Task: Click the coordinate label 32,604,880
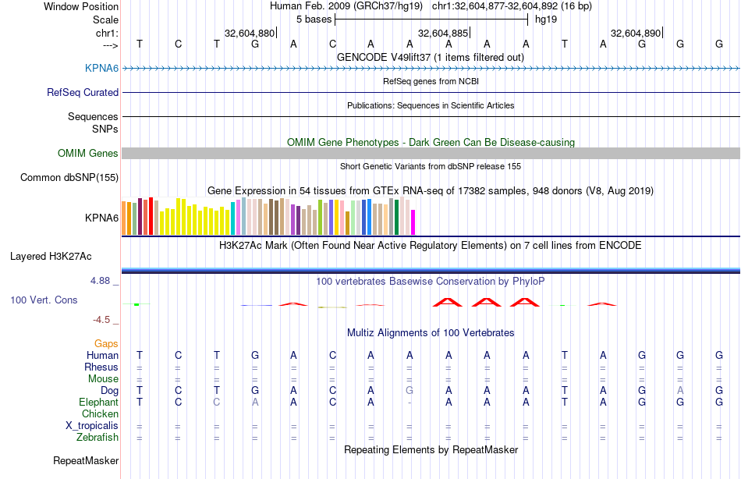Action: pos(249,34)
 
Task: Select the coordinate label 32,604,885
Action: pos(443,34)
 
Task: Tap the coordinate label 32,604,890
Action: pos(636,34)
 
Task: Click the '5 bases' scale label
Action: pos(314,20)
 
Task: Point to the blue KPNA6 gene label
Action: pos(101,69)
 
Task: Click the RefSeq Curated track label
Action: pos(83,93)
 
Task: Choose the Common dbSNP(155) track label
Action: pos(69,178)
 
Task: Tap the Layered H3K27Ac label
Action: pos(51,256)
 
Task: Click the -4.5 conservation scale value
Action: pos(105,320)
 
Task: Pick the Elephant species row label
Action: pos(98,403)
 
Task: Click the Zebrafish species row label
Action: pos(97,438)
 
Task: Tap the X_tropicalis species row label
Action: pos(92,426)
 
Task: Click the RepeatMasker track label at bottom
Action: pos(86,461)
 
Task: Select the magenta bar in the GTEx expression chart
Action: pos(413,222)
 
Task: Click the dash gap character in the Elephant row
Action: pos(409,403)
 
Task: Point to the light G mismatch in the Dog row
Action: pos(409,391)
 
